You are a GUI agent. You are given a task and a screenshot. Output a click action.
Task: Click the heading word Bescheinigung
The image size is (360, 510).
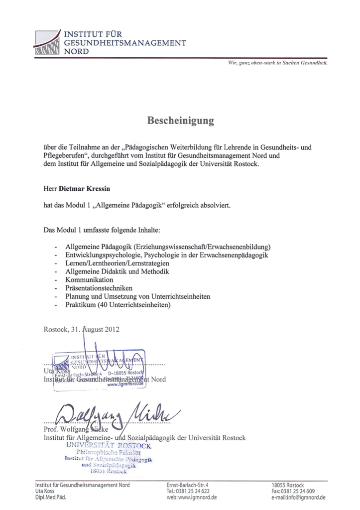[x=180, y=121]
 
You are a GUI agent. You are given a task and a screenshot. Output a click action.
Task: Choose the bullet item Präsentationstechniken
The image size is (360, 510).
[x=99, y=288]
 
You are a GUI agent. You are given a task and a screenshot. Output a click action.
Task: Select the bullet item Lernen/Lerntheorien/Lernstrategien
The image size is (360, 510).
[x=117, y=263]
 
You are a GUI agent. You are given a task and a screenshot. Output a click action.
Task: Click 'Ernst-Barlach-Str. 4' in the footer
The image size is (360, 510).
[x=187, y=485]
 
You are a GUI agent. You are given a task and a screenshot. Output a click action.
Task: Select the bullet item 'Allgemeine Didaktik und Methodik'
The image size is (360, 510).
[x=117, y=272]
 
